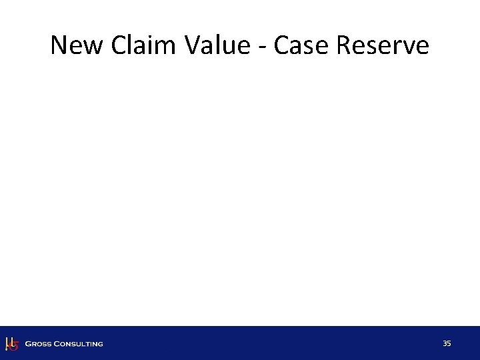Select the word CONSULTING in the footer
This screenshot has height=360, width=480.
(79, 344)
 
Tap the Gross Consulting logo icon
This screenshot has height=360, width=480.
(11, 343)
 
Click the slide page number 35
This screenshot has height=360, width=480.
(447, 343)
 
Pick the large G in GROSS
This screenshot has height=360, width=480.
(28, 344)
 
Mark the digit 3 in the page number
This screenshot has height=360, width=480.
(445, 343)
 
